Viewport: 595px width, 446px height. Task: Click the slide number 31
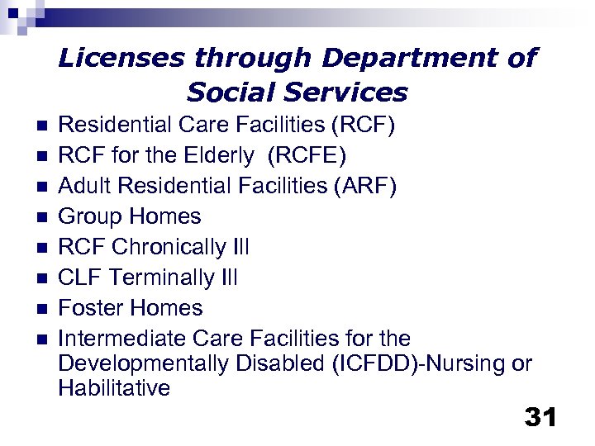click(540, 417)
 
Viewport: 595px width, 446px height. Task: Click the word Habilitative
click(114, 388)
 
